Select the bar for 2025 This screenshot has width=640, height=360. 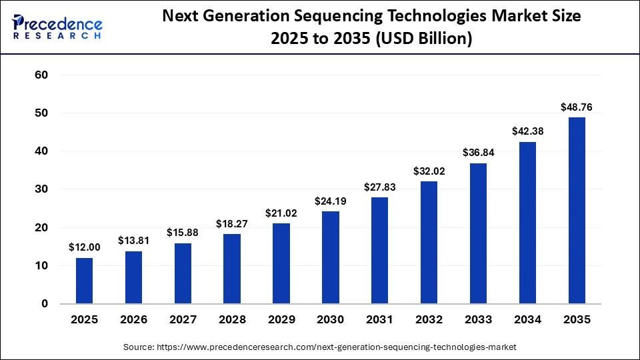point(85,281)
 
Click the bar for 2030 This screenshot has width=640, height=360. point(331,257)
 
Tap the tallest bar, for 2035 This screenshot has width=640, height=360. point(577,211)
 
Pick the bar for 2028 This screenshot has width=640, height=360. point(232,269)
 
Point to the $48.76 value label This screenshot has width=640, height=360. point(577,107)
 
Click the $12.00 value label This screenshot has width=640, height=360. point(85,247)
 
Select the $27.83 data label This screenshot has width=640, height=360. point(380,187)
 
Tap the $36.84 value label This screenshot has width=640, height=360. point(479,153)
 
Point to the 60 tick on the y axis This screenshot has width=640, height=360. point(41,75)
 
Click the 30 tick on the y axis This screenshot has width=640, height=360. point(41,189)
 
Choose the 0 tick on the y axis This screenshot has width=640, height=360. point(45,304)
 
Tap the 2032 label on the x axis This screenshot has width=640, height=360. point(429,320)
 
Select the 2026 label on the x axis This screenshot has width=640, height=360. point(134,320)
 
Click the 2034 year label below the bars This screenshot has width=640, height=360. point(527,320)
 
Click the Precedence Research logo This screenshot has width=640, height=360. point(57,27)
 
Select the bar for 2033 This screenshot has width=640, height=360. point(479,233)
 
